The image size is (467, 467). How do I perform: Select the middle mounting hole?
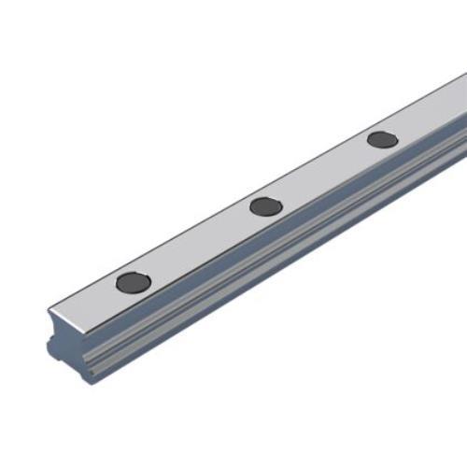click(x=265, y=206)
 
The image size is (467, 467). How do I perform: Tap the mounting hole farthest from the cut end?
click(x=382, y=140)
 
